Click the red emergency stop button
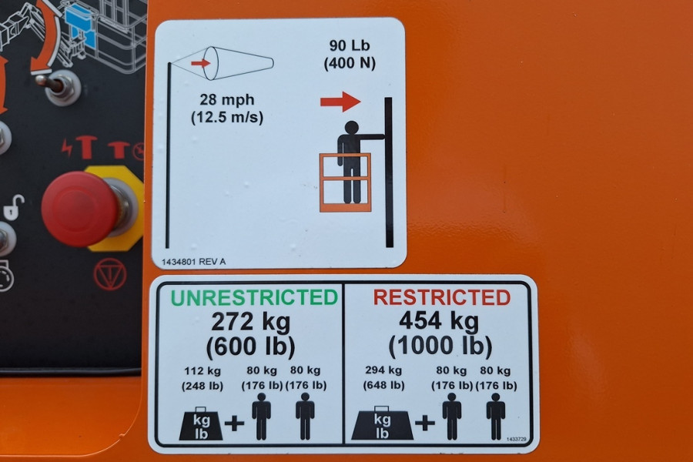[80, 208]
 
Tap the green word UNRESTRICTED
[254, 297]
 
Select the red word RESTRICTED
[442, 297]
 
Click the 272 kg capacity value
[250, 322]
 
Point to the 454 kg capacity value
[439, 321]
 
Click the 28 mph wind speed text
[226, 99]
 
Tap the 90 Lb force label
[349, 45]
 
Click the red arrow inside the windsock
[200, 63]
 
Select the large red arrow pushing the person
[340, 102]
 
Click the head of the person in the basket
[351, 127]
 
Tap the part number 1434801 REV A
[193, 262]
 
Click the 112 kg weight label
[203, 370]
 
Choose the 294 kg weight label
[383, 370]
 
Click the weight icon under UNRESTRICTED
[201, 423]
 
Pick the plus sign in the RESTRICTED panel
[425, 423]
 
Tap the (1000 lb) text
[440, 346]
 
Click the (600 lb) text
[250, 346]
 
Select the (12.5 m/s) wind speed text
[226, 118]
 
